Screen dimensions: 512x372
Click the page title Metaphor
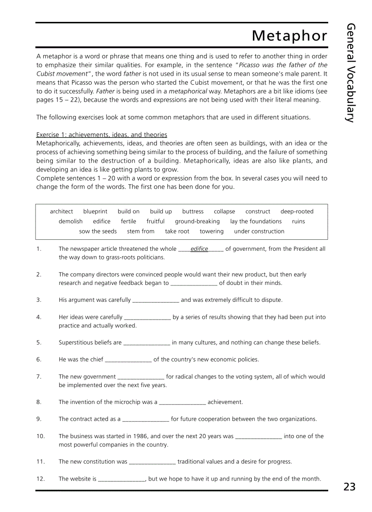point(289,36)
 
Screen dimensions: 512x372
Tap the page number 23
point(349,486)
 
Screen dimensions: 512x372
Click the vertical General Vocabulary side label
point(350,73)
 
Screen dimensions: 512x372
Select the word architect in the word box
point(61,212)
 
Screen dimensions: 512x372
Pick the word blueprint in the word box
point(95,212)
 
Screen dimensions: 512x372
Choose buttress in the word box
point(193,212)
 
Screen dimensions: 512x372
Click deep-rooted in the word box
point(297,212)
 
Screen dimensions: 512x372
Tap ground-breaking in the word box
point(197,222)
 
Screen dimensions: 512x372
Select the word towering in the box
point(212,232)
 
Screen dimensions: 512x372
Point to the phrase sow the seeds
point(98,232)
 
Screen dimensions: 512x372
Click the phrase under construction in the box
point(259,232)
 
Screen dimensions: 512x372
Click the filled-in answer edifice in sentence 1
point(199,249)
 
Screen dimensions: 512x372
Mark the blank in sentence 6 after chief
point(128,360)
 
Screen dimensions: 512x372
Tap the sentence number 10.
point(41,436)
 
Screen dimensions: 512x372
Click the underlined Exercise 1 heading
point(102,135)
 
